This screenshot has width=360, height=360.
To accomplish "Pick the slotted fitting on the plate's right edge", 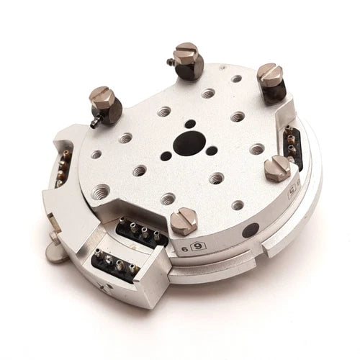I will [x=276, y=169].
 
